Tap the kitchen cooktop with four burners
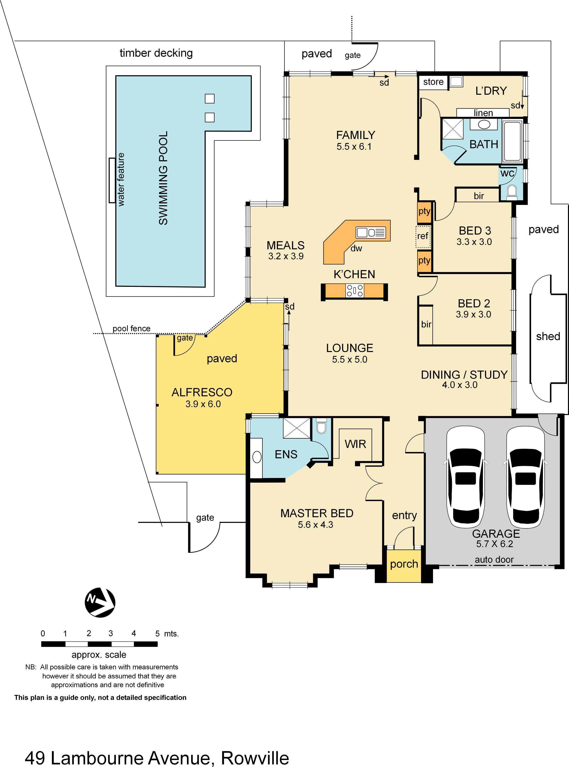[355, 290]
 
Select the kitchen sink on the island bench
[371, 232]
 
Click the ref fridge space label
[423, 236]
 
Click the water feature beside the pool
[112, 180]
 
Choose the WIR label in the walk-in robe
[355, 444]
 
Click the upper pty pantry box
[424, 211]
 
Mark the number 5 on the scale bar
[157, 633]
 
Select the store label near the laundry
[433, 82]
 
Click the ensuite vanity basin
[257, 457]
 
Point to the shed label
[548, 336]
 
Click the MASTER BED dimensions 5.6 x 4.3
[316, 524]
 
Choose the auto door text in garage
[494, 560]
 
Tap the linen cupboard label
[483, 113]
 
